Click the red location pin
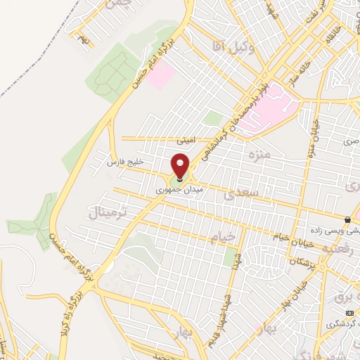click(181, 165)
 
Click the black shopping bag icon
click(347, 219)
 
